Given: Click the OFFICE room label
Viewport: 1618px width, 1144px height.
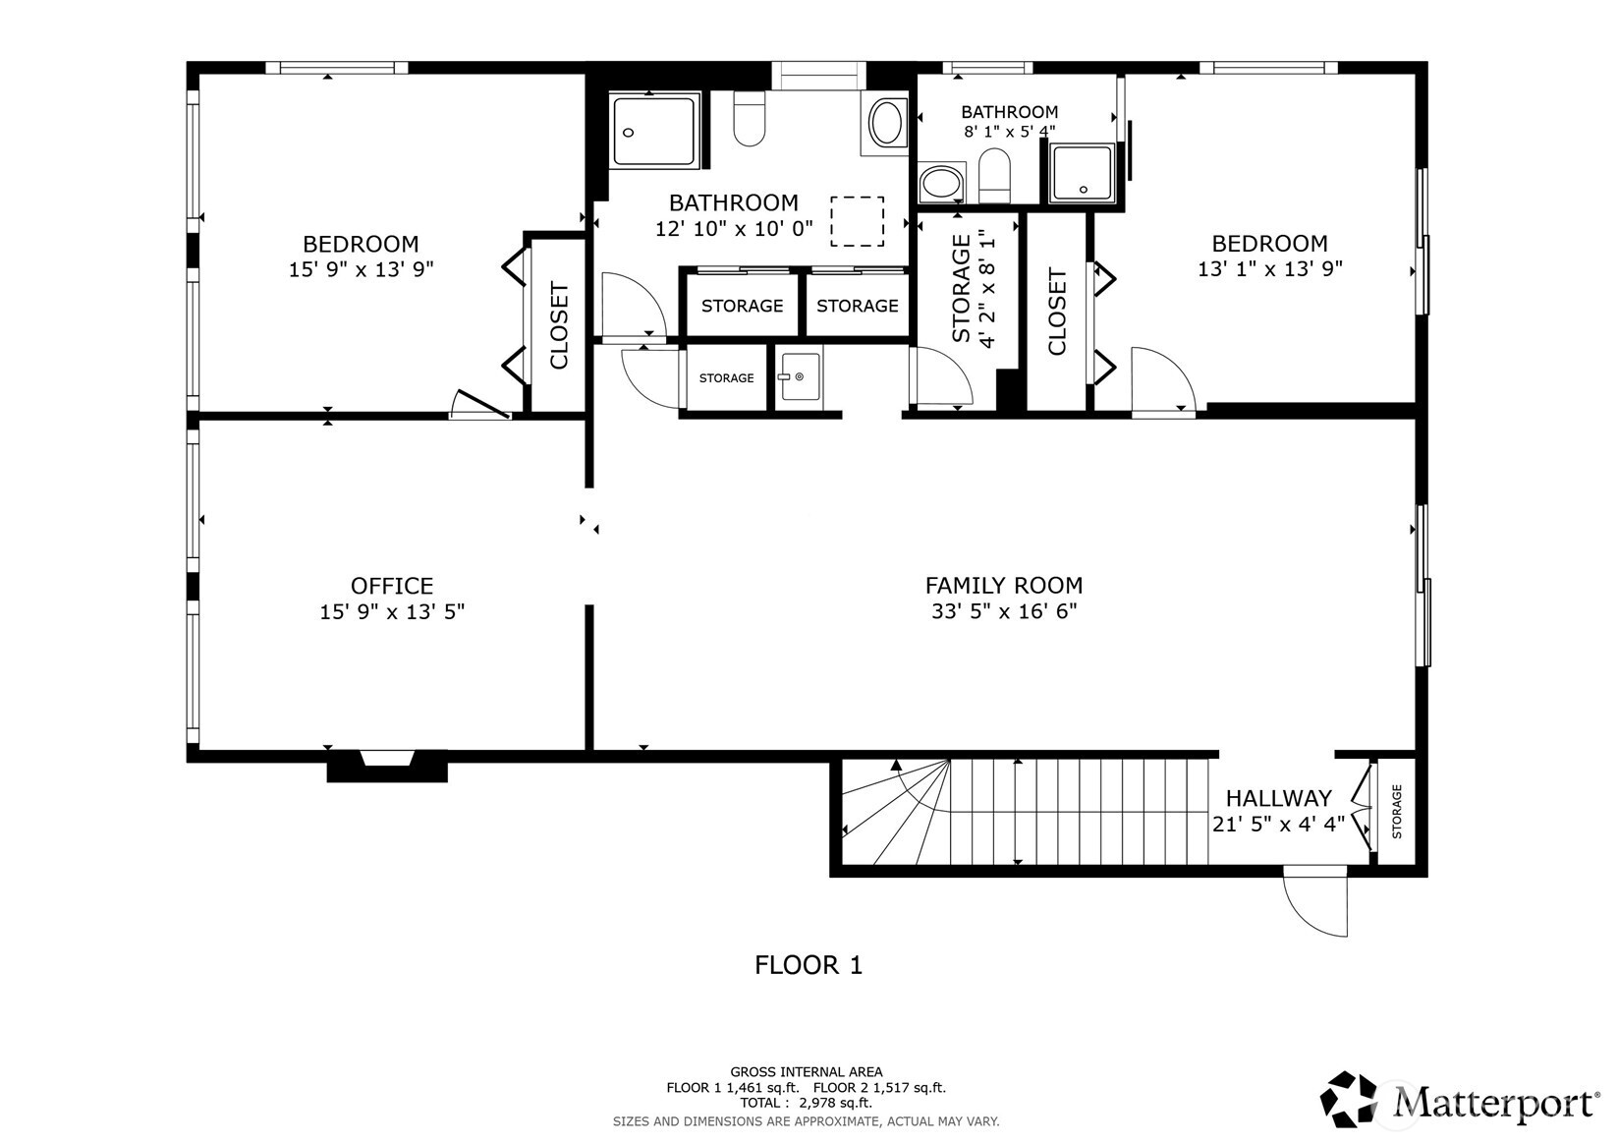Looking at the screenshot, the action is [392, 585].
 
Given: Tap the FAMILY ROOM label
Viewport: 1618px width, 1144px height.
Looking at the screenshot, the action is [1004, 585].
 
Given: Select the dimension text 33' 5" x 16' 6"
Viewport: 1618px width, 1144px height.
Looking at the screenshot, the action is [1004, 611].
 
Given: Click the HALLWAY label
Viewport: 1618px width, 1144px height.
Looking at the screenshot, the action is [1278, 798].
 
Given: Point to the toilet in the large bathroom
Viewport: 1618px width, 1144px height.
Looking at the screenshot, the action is [749, 118].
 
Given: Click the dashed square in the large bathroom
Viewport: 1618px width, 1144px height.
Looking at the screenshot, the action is [858, 221].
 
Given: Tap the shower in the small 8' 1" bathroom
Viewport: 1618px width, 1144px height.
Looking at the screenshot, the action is [1083, 173].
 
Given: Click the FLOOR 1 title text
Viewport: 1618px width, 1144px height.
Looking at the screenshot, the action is [809, 965].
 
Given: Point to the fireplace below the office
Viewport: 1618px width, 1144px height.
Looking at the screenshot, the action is [387, 766].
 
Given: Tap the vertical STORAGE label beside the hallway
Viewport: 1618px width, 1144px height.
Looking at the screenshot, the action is [1396, 811].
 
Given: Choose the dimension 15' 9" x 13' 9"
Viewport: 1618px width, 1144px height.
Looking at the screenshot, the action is [362, 269].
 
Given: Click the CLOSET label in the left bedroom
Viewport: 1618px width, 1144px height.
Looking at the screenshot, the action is [560, 325].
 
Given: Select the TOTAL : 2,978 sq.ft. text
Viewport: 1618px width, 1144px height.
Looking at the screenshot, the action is [807, 1103].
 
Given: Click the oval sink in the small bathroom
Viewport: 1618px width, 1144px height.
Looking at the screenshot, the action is [941, 183].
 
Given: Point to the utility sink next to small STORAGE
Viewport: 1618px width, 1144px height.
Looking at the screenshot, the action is [800, 376].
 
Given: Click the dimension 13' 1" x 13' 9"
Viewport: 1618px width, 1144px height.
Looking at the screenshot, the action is [1270, 269].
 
